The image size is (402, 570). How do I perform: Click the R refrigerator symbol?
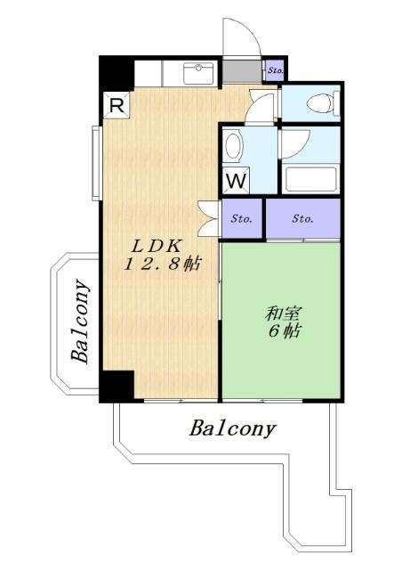(117, 104)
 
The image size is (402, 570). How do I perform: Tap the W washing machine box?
(236, 180)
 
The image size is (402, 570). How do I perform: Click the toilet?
(321, 103)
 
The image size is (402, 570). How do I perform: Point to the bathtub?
(311, 176)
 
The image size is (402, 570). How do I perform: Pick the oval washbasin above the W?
(233, 144)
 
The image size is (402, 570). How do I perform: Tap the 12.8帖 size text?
(161, 265)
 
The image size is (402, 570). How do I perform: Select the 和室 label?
(283, 313)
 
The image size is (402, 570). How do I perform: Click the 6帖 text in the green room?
(284, 332)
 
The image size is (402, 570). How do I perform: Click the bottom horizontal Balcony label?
(232, 428)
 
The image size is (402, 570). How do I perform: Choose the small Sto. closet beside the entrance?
(274, 69)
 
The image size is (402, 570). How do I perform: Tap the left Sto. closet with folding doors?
(242, 217)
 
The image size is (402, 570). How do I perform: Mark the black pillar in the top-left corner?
(116, 71)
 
